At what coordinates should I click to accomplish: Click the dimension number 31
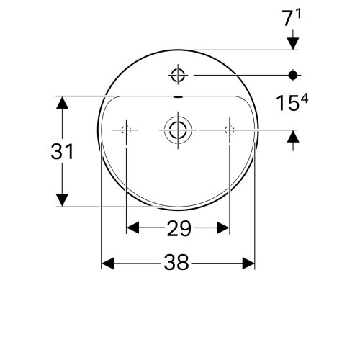coord(63,152)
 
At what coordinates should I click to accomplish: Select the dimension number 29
coord(178,229)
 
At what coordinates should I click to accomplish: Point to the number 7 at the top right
coord(288,17)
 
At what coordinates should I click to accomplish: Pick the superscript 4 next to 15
coord(305,100)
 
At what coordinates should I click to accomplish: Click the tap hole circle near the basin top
coord(177,74)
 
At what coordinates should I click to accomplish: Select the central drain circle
coord(177,130)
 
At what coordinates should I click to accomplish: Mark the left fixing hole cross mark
coord(127,130)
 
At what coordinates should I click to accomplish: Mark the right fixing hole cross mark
coord(230,130)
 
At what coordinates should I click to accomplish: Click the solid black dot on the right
coord(293,74)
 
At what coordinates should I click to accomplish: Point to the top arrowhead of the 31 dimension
coord(63,102)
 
